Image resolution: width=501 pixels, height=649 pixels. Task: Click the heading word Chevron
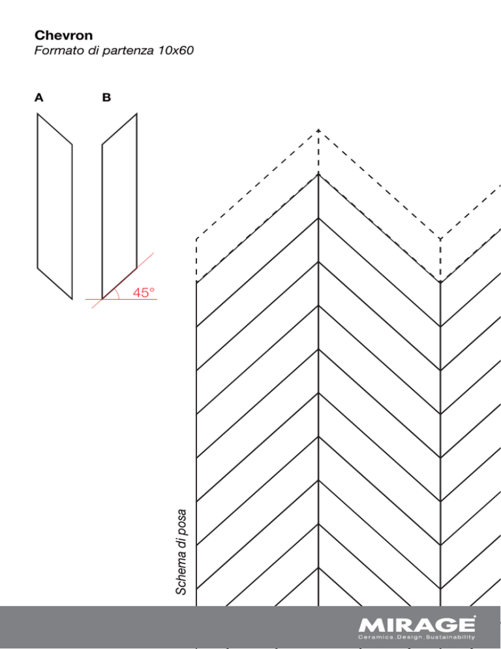tap(63, 36)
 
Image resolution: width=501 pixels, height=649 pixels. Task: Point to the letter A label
tap(39, 98)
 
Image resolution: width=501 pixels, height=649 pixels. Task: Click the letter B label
tap(106, 98)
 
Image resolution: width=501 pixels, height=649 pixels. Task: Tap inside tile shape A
tap(55, 206)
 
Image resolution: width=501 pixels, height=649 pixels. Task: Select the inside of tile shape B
tap(119, 206)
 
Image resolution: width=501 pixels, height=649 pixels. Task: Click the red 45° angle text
tap(144, 293)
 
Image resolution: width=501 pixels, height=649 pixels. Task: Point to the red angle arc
tap(118, 293)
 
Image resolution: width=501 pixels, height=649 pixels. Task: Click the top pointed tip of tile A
tap(38, 114)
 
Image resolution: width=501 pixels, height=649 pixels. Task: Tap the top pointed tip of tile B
tap(136, 114)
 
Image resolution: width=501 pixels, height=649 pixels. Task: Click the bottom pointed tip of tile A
tap(72, 299)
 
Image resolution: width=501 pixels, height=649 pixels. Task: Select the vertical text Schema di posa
tap(181, 552)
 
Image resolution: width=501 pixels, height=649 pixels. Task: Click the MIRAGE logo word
tap(417, 625)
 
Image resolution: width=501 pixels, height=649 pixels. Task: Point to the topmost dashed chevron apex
tap(318, 130)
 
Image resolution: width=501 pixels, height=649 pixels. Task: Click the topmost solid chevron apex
tap(318, 174)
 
